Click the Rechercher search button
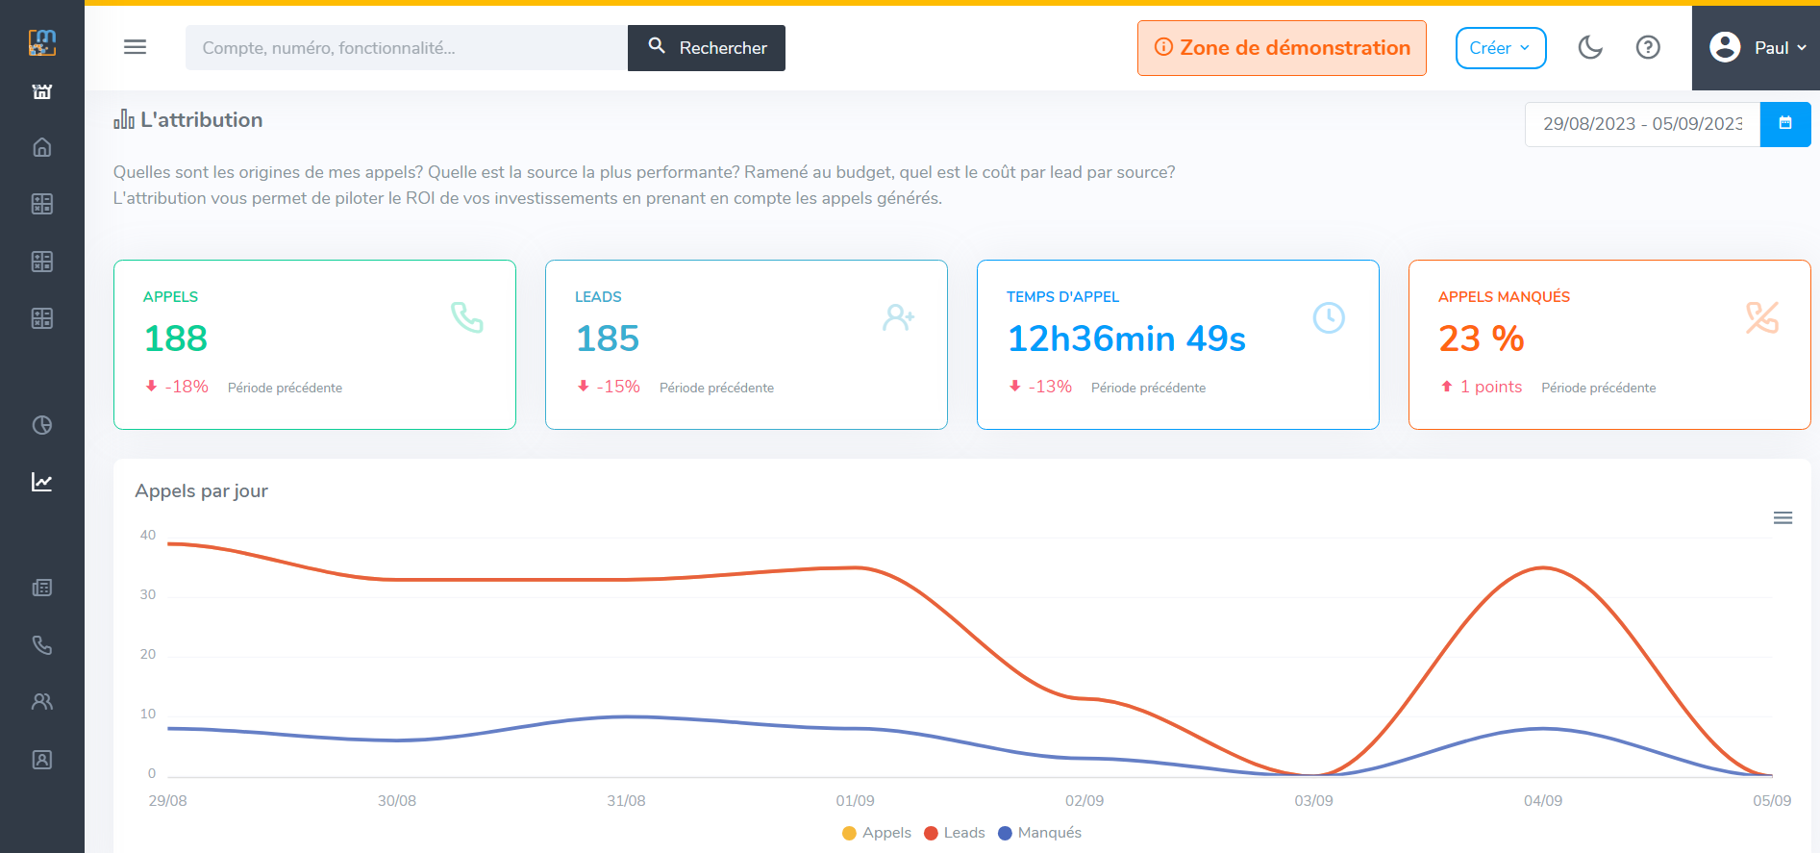707,48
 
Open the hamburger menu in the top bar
136,47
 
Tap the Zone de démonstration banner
1282,48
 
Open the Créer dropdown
1500,48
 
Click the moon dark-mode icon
1590,47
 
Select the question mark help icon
1648,47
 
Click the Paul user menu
1757,48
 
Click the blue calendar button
1785,124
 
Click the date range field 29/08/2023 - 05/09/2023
1642,124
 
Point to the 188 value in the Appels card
176,339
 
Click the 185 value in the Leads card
608,339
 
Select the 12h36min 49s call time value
1126,339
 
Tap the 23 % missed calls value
1481,339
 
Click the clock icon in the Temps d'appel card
1329,317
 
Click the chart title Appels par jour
201,490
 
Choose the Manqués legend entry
1040,833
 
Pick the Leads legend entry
955,833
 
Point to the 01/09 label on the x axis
855,801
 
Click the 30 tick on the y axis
148,594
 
